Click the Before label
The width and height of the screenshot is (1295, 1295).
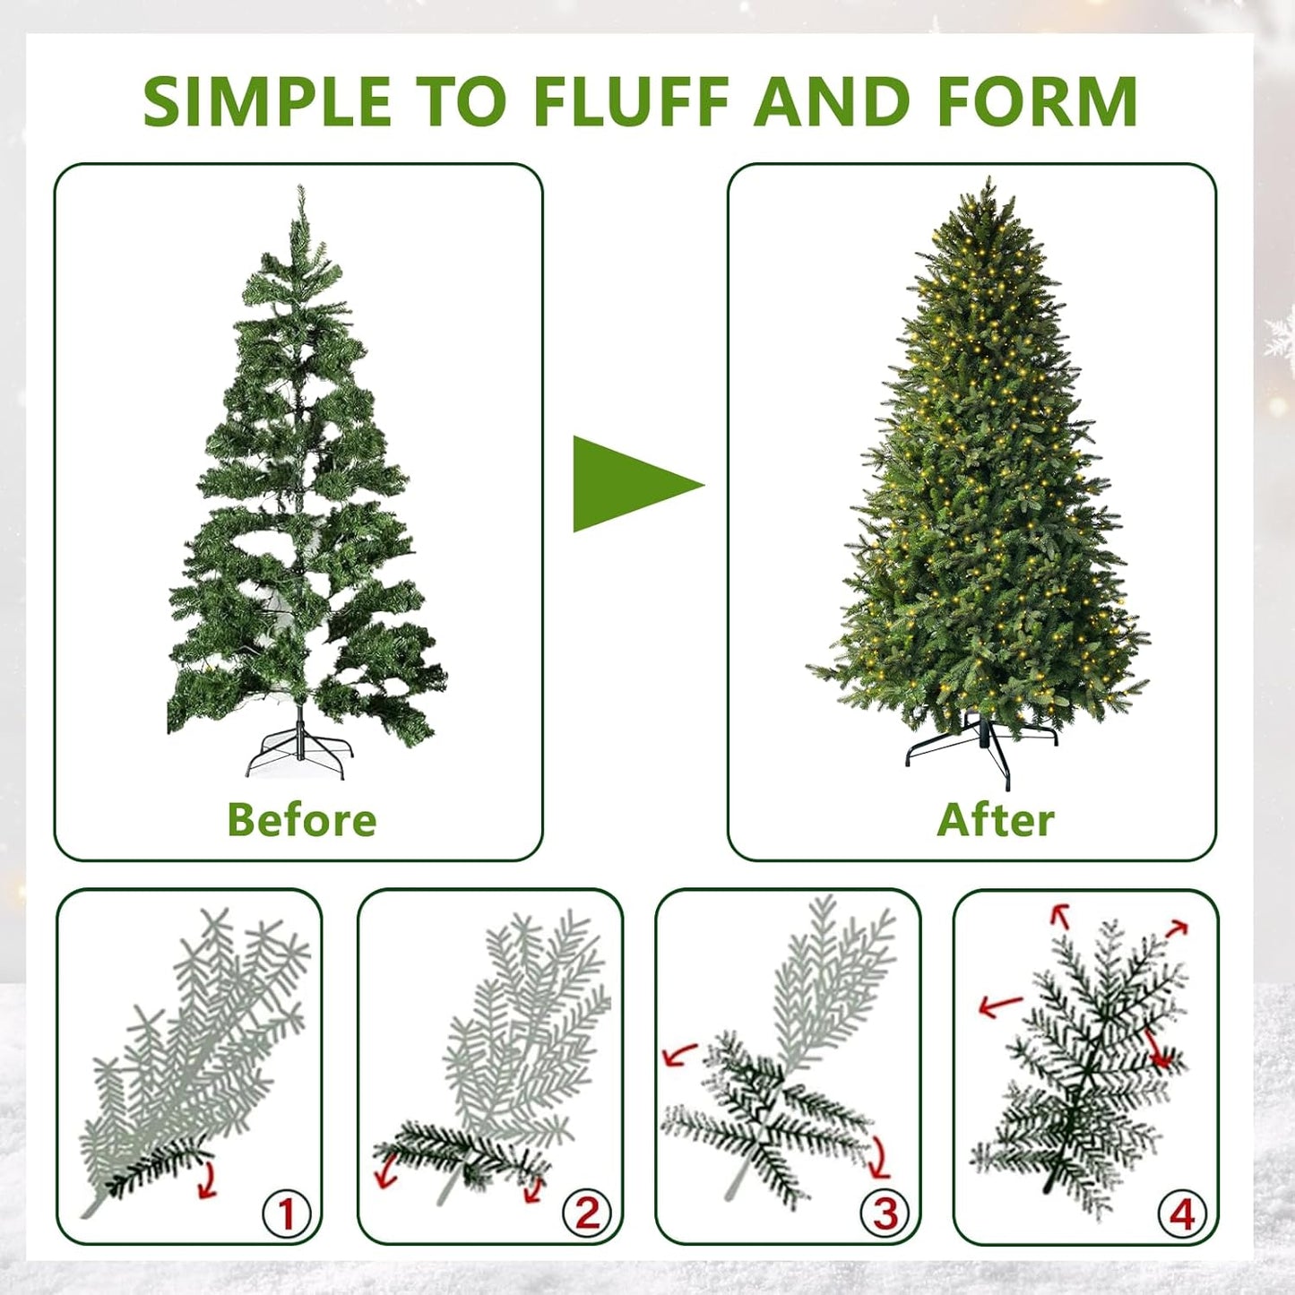(x=301, y=819)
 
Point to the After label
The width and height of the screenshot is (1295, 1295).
(x=995, y=819)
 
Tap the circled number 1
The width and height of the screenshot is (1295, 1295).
(x=286, y=1214)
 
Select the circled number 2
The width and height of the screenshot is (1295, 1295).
(x=586, y=1213)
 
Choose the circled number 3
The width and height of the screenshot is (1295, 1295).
(x=885, y=1213)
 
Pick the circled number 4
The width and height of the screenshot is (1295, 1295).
(x=1182, y=1214)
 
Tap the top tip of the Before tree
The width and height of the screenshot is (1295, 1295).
(x=299, y=191)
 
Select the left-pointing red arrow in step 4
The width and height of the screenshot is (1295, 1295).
(x=999, y=1006)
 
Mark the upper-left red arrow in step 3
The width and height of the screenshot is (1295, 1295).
(x=680, y=1054)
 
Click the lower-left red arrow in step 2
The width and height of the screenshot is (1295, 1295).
(x=387, y=1170)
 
